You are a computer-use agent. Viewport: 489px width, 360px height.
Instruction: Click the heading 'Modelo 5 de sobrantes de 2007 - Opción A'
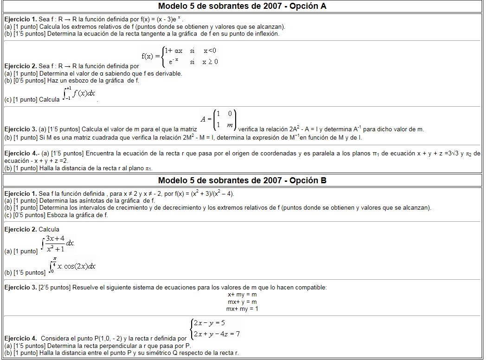(x=242, y=6)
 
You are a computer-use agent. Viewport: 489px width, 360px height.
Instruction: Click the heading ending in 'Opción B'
(x=242, y=180)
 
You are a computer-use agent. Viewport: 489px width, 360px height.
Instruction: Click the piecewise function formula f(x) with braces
(x=180, y=56)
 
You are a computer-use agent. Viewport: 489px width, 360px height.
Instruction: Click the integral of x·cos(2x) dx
(x=72, y=265)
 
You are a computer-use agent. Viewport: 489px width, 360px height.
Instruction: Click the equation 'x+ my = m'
(x=242, y=295)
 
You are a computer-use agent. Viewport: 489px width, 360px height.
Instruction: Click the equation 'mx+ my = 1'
(x=242, y=309)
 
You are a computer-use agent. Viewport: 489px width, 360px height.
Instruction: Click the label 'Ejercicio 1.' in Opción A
(x=20, y=19)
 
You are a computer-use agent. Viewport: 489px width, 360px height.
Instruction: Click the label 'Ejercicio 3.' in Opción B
(x=20, y=288)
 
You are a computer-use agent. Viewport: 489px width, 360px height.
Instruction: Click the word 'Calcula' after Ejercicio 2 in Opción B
(x=49, y=229)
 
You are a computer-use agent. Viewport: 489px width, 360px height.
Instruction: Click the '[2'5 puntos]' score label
(x=55, y=288)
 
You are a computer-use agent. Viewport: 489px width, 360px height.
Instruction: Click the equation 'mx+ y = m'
(x=242, y=302)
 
